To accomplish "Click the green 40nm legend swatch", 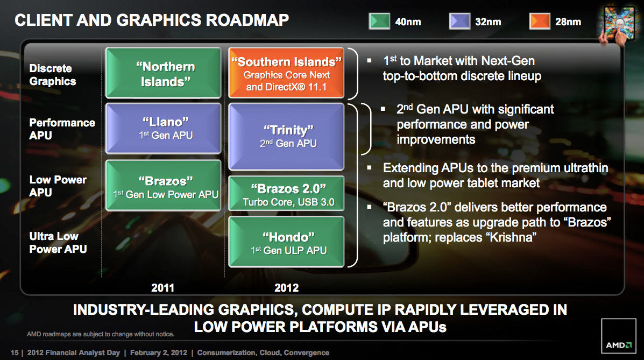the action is pyautogui.click(x=379, y=22).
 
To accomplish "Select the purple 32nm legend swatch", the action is pyautogui.click(x=459, y=22).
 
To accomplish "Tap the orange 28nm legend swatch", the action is pyautogui.click(x=540, y=22).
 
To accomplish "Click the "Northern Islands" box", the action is pyautogui.click(x=164, y=73).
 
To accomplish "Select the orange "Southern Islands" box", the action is pyautogui.click(x=286, y=73).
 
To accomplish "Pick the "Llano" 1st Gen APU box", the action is pyautogui.click(x=164, y=128).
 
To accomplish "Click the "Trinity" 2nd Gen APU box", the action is pyautogui.click(x=286, y=137).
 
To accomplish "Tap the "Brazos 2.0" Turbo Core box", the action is pyautogui.click(x=286, y=193).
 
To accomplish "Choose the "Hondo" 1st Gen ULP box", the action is pyautogui.click(x=286, y=242).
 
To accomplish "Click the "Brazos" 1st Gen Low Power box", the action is pyautogui.click(x=164, y=185).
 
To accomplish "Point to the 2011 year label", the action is pyautogui.click(x=162, y=288).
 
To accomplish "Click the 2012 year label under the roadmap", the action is pyautogui.click(x=286, y=288).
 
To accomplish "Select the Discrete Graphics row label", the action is pyautogui.click(x=53, y=75).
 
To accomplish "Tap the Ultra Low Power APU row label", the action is pyautogui.click(x=58, y=243).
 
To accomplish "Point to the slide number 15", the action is pyautogui.click(x=15, y=352).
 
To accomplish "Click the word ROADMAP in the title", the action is pyautogui.click(x=247, y=20).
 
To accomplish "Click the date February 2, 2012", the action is pyautogui.click(x=159, y=352).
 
